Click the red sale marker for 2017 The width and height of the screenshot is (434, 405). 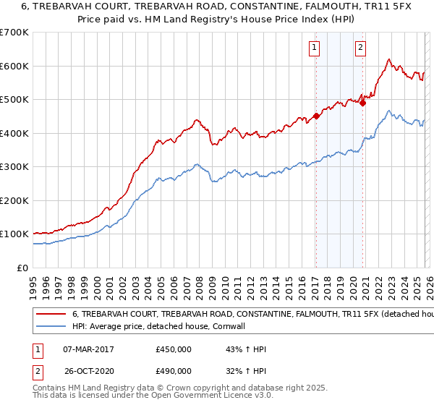point(316,116)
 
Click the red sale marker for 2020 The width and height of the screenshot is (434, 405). point(363,103)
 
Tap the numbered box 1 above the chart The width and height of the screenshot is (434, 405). point(315,48)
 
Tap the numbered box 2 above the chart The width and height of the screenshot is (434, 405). point(360,48)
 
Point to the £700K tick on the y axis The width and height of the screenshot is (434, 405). point(14,33)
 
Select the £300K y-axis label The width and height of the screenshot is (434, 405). point(14,167)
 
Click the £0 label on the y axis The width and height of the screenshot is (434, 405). point(22,268)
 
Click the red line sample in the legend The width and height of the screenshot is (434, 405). point(51,315)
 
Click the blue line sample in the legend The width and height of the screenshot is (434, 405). point(51,326)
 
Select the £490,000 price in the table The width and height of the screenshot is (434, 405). point(174,370)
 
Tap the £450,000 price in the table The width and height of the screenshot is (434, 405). point(174,349)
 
